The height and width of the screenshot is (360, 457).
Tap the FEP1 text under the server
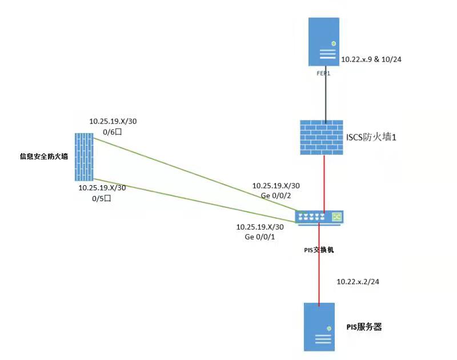click(x=324, y=73)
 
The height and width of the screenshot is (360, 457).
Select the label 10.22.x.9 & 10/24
click(x=371, y=59)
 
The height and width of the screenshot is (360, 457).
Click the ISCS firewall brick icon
click(x=322, y=137)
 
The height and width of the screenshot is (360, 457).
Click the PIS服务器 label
click(x=364, y=327)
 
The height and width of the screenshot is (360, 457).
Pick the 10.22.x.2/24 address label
click(x=359, y=282)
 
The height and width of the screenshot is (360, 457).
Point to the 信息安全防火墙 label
click(x=44, y=156)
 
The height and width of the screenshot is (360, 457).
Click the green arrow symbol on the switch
click(x=336, y=217)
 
